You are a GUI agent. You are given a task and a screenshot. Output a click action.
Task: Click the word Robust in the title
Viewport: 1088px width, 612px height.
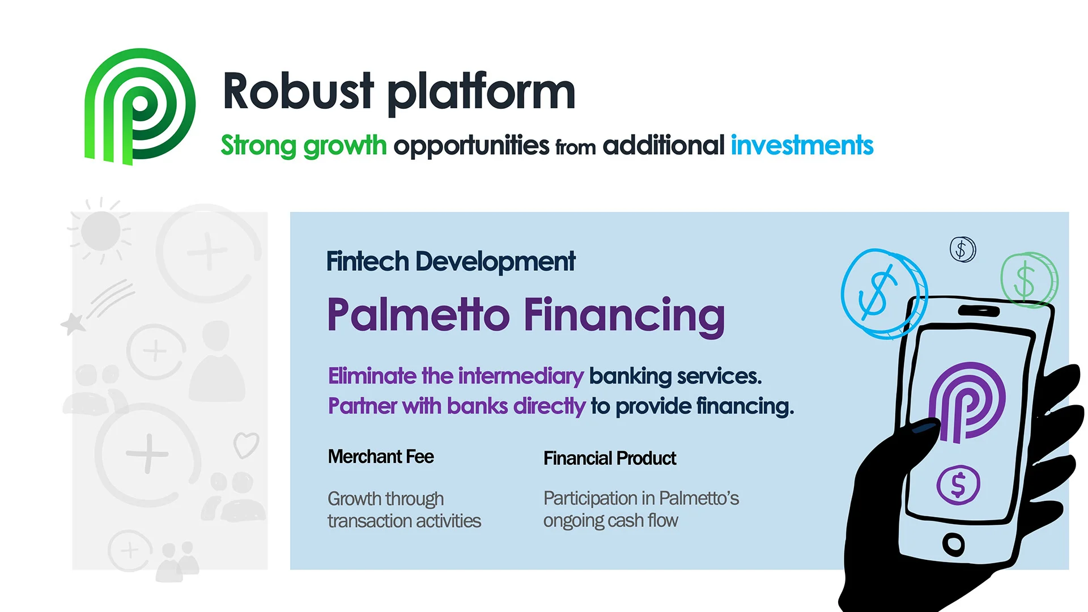pyautogui.click(x=298, y=91)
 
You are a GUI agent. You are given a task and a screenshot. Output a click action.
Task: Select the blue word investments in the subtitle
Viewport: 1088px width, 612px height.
pyautogui.click(x=802, y=145)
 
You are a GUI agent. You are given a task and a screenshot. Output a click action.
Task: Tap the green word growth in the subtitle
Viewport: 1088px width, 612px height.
pyautogui.click(x=345, y=146)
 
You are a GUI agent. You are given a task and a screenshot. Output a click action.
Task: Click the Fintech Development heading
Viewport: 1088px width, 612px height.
pyautogui.click(x=450, y=262)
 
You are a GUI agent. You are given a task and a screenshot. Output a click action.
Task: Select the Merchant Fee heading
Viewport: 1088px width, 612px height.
pyautogui.click(x=381, y=457)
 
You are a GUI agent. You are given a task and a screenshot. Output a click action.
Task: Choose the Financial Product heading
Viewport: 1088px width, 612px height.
pyautogui.click(x=610, y=458)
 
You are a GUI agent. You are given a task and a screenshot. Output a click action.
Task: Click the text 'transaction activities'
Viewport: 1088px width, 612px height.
pyautogui.click(x=404, y=521)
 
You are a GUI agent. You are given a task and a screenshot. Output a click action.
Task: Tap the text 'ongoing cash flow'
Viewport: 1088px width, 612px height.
pyautogui.click(x=610, y=520)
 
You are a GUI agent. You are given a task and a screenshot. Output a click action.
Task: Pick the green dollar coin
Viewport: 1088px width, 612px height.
pyautogui.click(x=1027, y=280)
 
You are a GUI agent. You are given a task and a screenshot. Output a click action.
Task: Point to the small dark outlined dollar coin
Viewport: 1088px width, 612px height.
pyautogui.click(x=962, y=249)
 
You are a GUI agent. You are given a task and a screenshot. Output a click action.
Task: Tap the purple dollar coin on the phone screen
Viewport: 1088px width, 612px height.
pyautogui.click(x=958, y=485)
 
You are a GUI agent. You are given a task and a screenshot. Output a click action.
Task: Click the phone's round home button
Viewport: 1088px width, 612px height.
pyautogui.click(x=953, y=544)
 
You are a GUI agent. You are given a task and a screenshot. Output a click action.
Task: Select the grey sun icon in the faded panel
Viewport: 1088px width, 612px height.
pyautogui.click(x=100, y=231)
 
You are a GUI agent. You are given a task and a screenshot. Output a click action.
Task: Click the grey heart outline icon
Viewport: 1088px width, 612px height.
pyautogui.click(x=246, y=445)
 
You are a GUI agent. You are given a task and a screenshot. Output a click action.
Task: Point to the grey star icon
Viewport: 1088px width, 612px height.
pyautogui.click(x=73, y=324)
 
